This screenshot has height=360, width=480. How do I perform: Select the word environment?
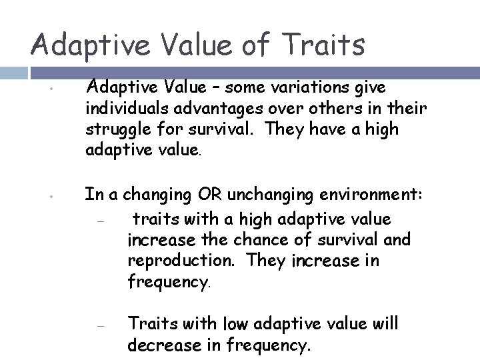point(379,195)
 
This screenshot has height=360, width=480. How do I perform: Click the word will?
point(383,323)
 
